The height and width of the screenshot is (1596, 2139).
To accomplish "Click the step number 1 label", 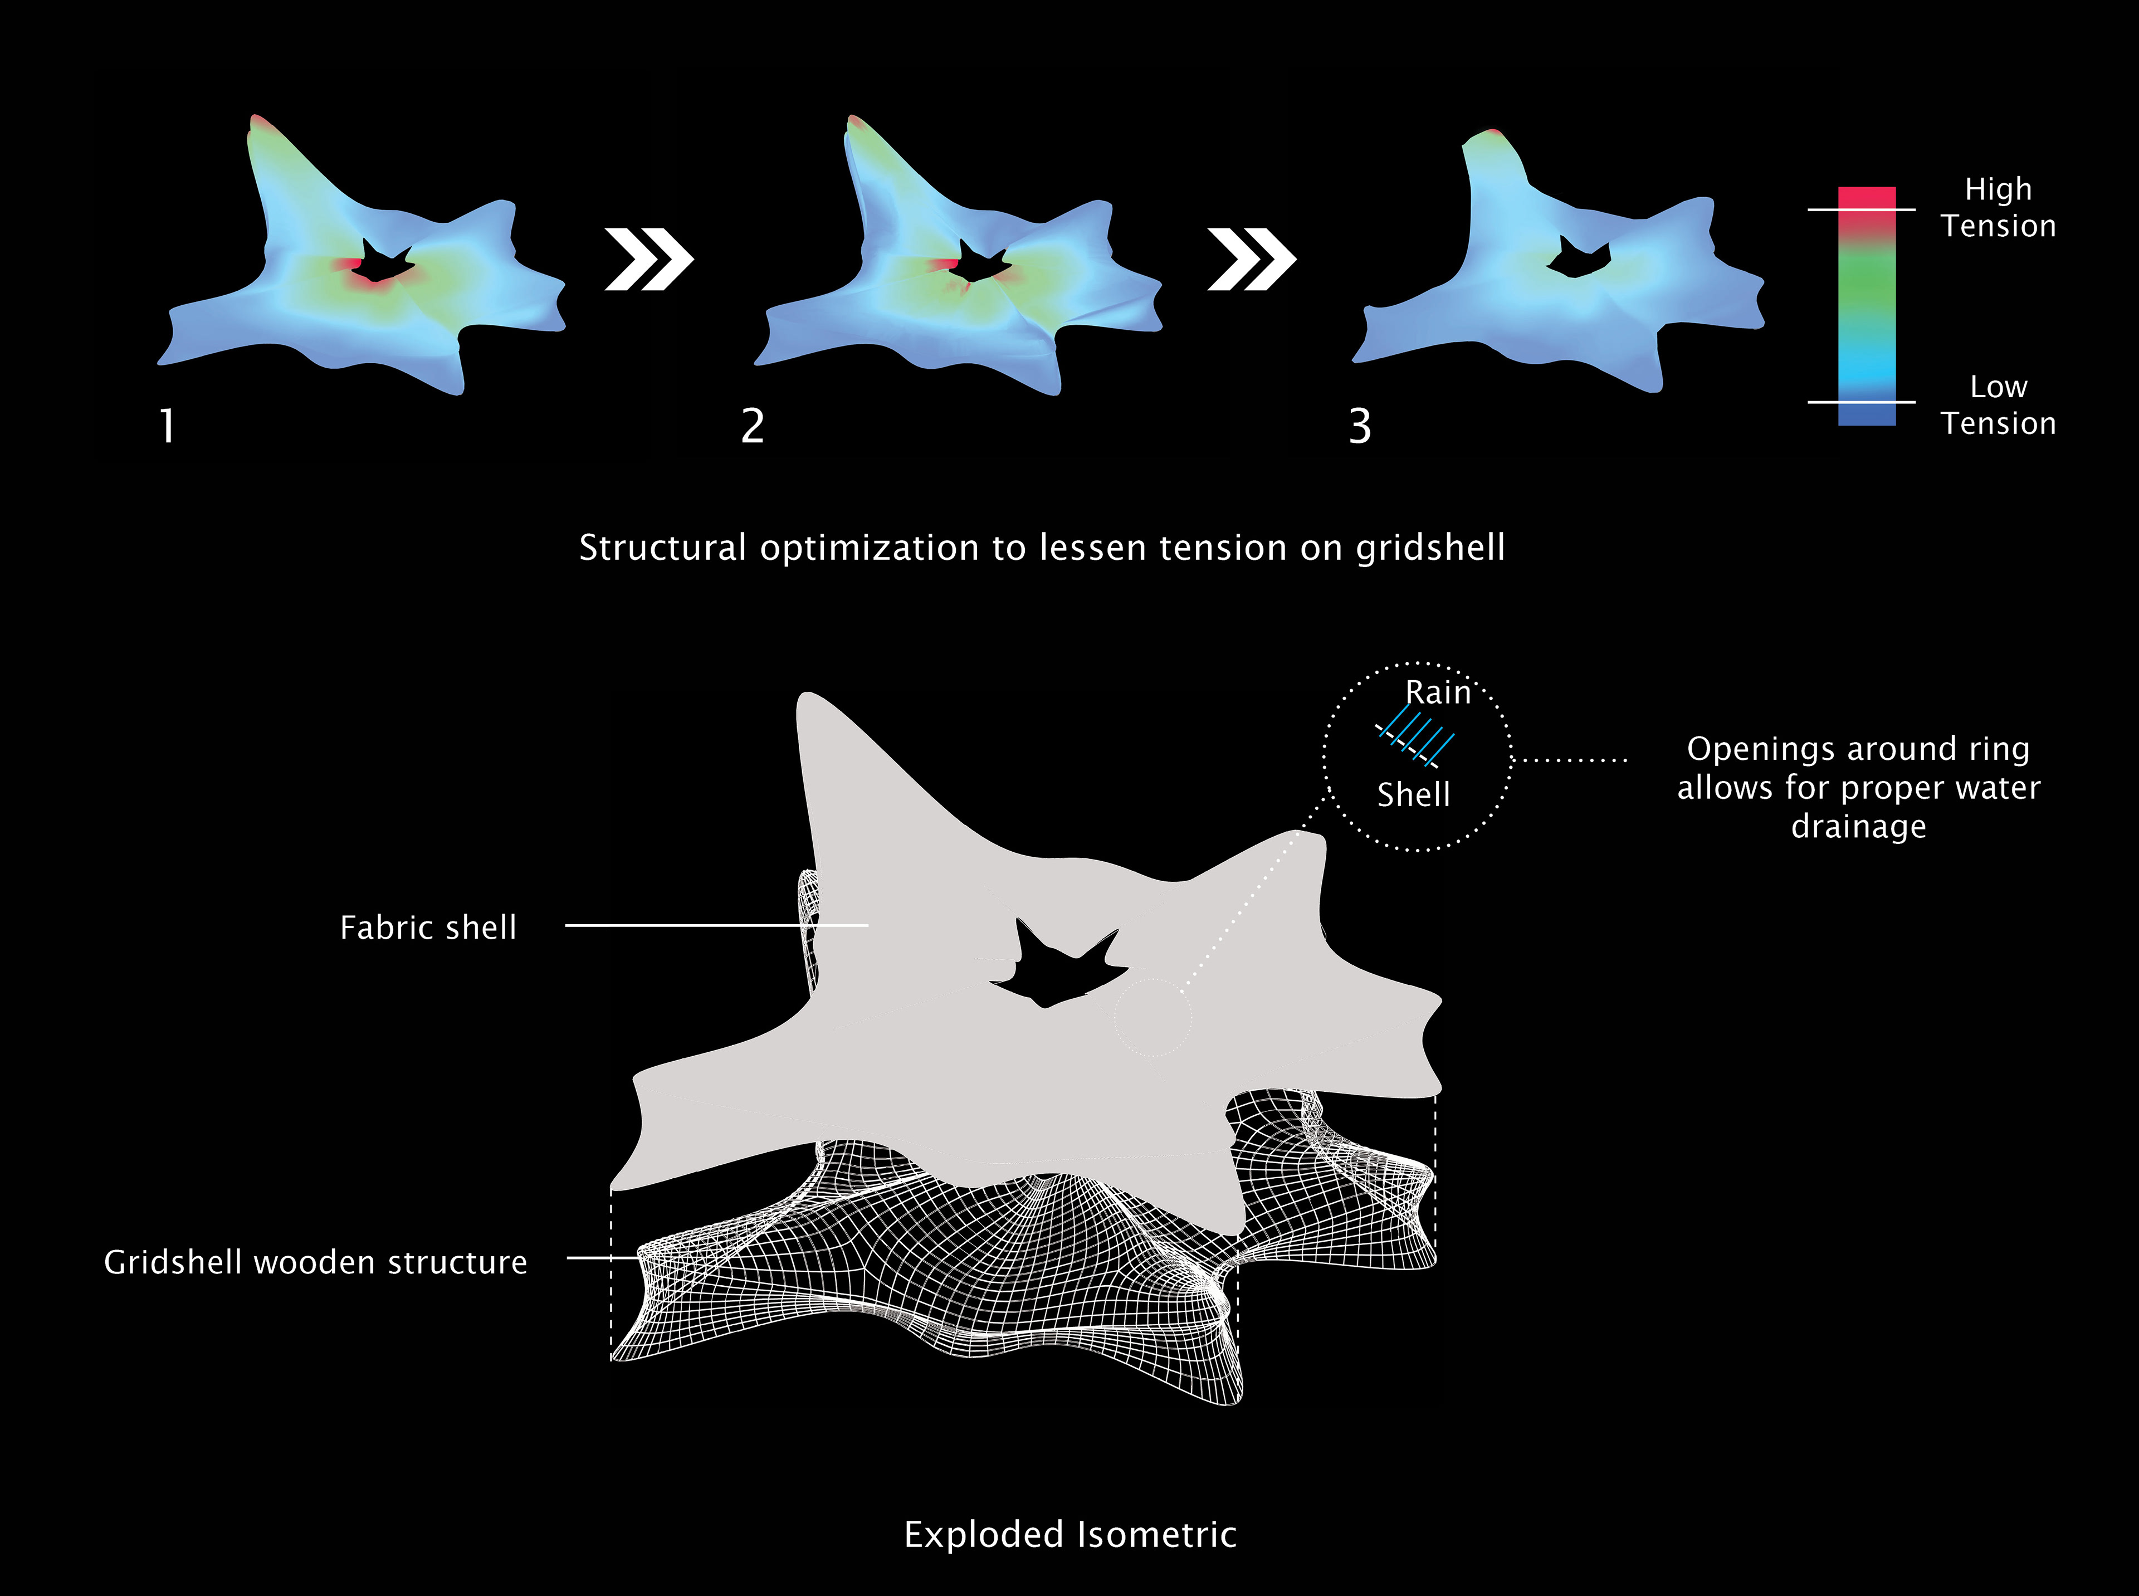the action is point(167,426).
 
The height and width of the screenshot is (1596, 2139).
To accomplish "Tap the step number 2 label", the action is point(753,426).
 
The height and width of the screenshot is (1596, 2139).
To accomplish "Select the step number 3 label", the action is point(1359,426).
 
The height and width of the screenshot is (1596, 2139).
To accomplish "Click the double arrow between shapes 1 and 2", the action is point(648,259).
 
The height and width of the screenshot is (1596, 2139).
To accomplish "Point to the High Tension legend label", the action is point(1998,207).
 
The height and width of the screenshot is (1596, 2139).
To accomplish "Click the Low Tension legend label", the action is point(1998,405).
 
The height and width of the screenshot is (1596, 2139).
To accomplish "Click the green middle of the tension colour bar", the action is point(1867,290).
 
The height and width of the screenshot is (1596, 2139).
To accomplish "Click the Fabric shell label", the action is point(428,928).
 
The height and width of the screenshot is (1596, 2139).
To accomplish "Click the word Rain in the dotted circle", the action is point(1438,692).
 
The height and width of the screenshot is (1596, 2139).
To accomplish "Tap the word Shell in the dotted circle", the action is point(1413,795).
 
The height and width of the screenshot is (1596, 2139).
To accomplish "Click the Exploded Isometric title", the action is point(1069,1534).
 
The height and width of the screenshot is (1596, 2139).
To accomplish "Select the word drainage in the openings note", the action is point(1858,827).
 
